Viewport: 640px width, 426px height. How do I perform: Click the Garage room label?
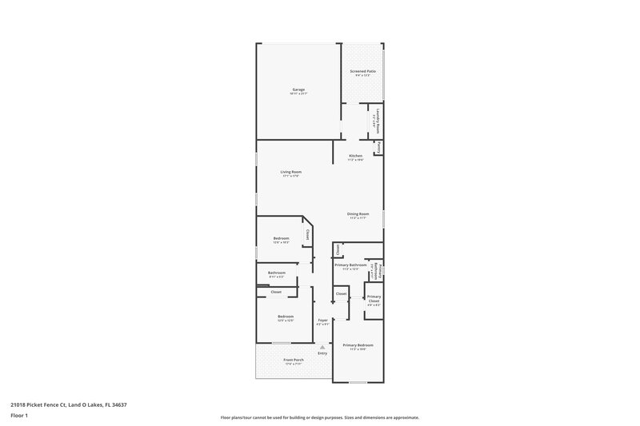(298, 90)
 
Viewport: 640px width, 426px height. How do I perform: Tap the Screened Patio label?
(362, 71)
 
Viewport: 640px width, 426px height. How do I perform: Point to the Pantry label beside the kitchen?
(378, 147)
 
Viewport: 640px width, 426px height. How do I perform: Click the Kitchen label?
(355, 155)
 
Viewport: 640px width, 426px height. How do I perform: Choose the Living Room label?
(290, 172)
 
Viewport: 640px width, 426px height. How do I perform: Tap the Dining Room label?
(358, 213)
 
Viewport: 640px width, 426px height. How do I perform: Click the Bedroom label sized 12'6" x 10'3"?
(281, 238)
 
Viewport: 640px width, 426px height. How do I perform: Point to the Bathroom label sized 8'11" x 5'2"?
(277, 273)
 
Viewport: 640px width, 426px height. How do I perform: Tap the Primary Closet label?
(374, 301)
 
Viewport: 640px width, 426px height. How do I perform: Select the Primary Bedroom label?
(358, 344)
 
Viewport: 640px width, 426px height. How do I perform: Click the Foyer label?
(322, 320)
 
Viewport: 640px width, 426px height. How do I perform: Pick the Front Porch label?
(294, 360)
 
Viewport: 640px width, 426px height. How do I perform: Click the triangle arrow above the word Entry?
(322, 348)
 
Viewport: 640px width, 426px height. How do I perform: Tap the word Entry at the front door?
(322, 354)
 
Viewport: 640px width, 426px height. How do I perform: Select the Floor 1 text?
(20, 416)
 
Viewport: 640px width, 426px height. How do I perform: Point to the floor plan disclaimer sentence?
(319, 417)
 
